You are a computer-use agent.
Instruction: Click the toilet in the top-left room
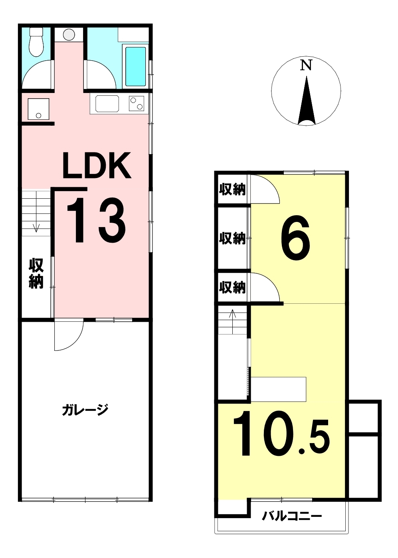(36, 42)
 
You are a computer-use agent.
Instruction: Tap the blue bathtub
(135, 66)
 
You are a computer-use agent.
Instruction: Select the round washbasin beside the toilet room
(69, 35)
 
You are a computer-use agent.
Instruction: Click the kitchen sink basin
(107, 104)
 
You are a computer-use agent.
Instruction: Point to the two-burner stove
(136, 103)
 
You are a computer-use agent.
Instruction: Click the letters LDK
(97, 165)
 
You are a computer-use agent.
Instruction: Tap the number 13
(96, 220)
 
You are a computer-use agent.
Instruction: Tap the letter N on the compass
(306, 65)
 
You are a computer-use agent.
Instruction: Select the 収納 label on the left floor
(36, 273)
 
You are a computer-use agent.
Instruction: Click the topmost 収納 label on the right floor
(232, 190)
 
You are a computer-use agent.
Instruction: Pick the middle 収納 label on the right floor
(232, 238)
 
